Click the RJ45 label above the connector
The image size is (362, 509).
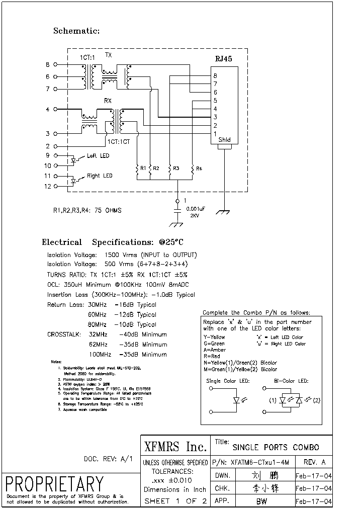(224, 59)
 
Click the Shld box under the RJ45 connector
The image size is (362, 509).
(225, 140)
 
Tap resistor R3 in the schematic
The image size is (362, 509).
(170, 171)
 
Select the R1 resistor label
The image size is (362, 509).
(143, 167)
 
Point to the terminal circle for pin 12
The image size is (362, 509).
(55, 186)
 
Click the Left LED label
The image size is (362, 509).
(98, 156)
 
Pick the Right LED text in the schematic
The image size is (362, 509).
(100, 176)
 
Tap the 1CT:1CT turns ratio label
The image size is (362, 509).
(118, 142)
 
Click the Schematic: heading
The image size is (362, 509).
(76, 31)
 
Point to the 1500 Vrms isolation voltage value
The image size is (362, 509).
(119, 255)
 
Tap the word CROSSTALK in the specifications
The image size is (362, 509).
(64, 334)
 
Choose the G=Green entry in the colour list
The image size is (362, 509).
(214, 344)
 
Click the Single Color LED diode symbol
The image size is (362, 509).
(236, 401)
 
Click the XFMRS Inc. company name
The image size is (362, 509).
(175, 447)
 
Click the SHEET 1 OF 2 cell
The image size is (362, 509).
(175, 501)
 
